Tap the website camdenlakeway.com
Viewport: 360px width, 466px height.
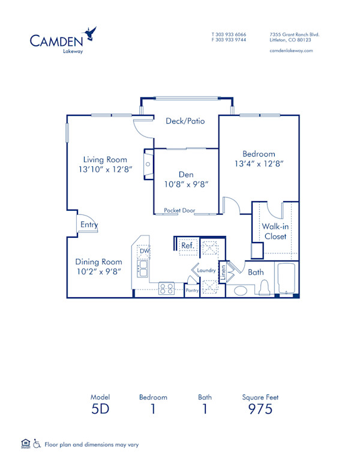coord(292,51)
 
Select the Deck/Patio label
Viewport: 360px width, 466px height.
coord(185,121)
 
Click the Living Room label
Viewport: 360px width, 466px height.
coord(105,160)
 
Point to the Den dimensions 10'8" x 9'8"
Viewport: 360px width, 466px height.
coord(187,184)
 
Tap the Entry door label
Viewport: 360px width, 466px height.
coord(88,225)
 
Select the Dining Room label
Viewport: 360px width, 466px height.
coord(98,262)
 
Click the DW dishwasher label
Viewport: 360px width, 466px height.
coord(144,251)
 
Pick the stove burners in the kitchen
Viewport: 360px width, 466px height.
coord(166,289)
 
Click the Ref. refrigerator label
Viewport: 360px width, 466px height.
coord(187,245)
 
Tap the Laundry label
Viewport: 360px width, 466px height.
coord(206,271)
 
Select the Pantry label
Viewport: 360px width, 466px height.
coord(192,291)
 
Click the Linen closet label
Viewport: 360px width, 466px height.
coord(222,272)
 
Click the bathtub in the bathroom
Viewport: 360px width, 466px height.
coord(287,279)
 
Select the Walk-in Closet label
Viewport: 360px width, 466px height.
coord(274,231)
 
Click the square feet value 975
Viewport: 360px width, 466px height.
coord(260,409)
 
